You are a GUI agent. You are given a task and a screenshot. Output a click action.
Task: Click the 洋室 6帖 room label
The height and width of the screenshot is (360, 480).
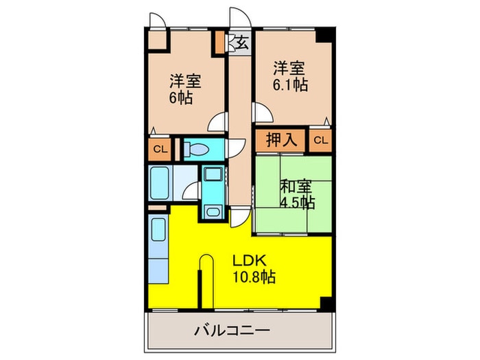(185, 88)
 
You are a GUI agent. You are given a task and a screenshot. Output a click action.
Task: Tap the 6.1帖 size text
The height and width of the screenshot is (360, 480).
(291, 85)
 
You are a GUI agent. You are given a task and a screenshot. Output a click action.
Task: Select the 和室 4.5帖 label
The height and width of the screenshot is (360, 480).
(297, 193)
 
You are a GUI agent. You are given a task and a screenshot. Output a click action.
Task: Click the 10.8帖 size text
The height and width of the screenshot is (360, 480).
(253, 278)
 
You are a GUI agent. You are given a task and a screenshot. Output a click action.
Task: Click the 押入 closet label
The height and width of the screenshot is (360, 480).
(281, 141)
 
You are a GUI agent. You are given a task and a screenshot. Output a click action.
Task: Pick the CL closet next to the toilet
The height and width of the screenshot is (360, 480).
(159, 149)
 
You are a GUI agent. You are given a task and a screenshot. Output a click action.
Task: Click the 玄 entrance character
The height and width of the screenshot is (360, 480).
(241, 43)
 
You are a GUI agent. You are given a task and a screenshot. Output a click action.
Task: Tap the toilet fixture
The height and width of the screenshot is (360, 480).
(202, 149)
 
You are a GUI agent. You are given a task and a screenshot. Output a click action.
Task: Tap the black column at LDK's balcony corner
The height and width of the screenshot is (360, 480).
(328, 302)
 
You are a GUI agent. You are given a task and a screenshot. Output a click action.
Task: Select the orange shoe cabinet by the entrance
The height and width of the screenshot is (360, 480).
(220, 43)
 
